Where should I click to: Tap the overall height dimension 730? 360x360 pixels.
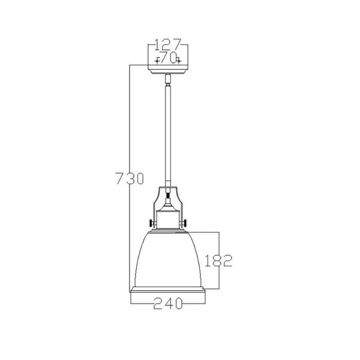tap(129, 178)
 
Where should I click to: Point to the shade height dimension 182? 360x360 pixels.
tap(217, 260)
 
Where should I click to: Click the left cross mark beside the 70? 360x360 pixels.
tap(157, 59)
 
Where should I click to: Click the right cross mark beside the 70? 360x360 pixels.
tap(179, 59)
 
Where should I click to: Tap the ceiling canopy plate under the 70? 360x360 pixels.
tap(168, 68)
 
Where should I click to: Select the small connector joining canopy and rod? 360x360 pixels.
tap(168, 79)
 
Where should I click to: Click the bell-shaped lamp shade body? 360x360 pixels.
tap(168, 258)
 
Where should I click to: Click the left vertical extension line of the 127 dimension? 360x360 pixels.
tap(148, 54)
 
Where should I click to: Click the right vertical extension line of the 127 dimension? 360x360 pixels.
tap(188, 54)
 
